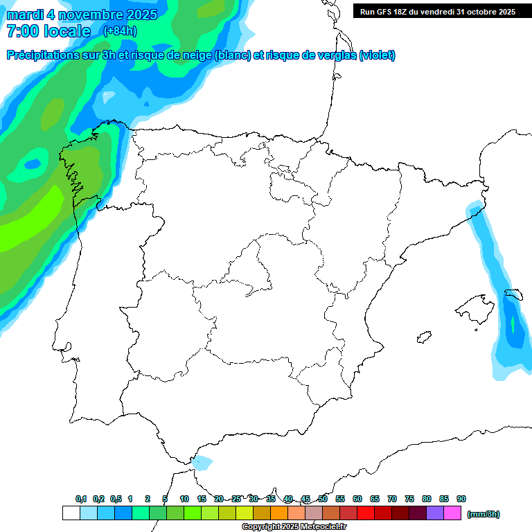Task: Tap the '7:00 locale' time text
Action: tap(48, 31)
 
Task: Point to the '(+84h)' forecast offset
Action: tap(120, 31)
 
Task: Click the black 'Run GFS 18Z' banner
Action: tap(436, 11)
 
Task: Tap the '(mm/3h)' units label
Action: tap(484, 514)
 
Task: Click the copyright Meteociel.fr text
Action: tap(294, 527)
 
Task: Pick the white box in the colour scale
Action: tap(71, 513)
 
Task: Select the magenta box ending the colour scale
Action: tap(452, 513)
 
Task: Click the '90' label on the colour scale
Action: tap(461, 499)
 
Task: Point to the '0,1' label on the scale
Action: tap(81, 499)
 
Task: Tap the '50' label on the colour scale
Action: tap(323, 499)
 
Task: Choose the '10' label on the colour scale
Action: tap(184, 499)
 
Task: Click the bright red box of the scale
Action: tap(366, 513)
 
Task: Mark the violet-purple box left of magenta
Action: tap(435, 513)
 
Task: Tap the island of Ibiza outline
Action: tap(423, 338)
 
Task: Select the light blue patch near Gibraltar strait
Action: tap(202, 462)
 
